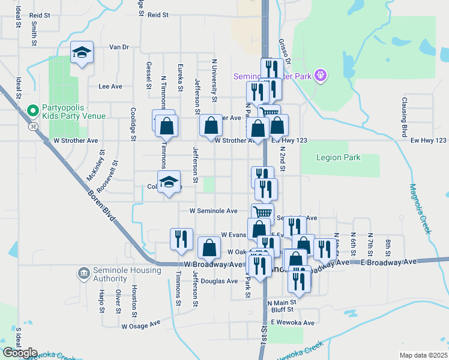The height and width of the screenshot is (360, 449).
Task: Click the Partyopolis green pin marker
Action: tap(33, 110)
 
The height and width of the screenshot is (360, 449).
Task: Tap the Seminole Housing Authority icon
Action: tap(83, 274)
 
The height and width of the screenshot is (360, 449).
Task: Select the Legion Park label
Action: tap(339, 158)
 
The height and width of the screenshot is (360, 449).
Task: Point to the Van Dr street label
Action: tap(119, 47)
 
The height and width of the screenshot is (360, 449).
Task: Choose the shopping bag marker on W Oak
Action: tap(208, 247)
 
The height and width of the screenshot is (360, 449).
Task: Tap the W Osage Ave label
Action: tap(141, 326)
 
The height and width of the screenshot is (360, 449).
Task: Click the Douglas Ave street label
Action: tap(220, 281)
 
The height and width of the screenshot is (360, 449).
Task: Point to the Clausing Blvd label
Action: tap(405, 116)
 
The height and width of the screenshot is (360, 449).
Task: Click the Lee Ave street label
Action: tap(110, 86)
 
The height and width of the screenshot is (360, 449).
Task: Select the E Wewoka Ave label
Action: tap(292, 323)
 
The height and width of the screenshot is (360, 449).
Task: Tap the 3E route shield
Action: tap(34, 127)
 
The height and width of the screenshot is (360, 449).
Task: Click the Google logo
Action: tap(20, 352)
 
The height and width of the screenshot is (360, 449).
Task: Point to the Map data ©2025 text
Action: tap(423, 355)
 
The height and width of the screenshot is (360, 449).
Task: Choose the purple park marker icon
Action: tap(321, 75)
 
